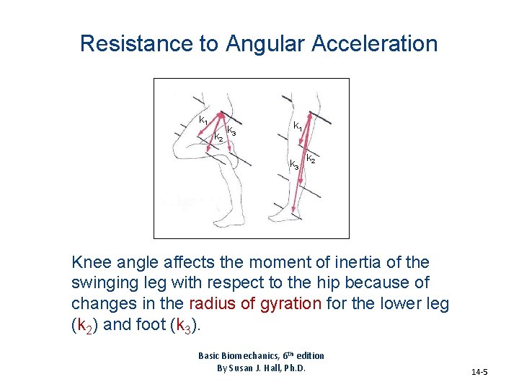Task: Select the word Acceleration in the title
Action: (375, 43)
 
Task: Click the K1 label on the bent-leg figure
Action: (204, 120)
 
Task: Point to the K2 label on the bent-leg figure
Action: (217, 137)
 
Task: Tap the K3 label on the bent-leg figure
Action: (231, 131)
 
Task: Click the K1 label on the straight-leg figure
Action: (297, 126)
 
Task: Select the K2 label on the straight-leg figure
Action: (311, 158)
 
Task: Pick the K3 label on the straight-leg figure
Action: (294, 165)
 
